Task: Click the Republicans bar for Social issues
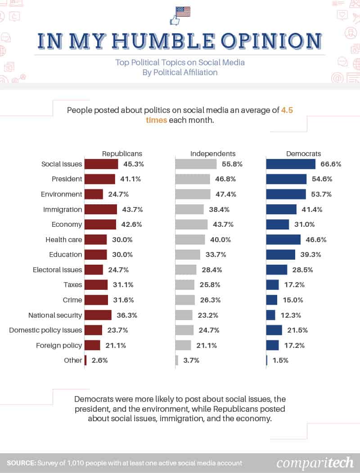point(101,164)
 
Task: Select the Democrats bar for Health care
point(283,239)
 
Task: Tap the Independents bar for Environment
point(193,194)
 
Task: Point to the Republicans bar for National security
point(98,315)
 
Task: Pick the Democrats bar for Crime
point(271,300)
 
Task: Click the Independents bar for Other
point(176,360)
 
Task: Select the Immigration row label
point(63,209)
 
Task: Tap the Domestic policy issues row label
point(45,330)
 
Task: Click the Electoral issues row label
point(58,270)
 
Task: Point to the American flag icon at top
point(183,11)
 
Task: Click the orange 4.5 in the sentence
point(287,109)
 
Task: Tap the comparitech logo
point(315,463)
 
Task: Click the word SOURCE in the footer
point(21,463)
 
